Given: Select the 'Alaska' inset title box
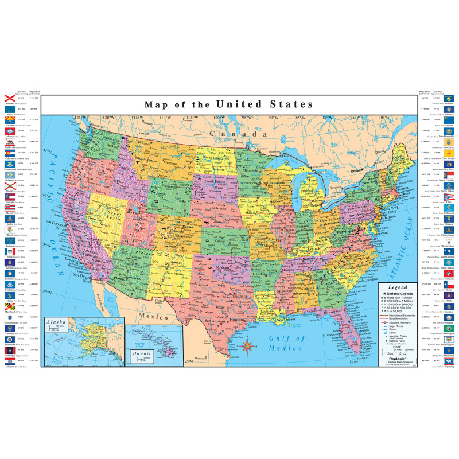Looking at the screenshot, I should [x=57, y=323].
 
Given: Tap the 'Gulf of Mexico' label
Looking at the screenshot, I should [x=286, y=343].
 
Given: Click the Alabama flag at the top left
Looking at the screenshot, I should [x=9, y=99].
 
